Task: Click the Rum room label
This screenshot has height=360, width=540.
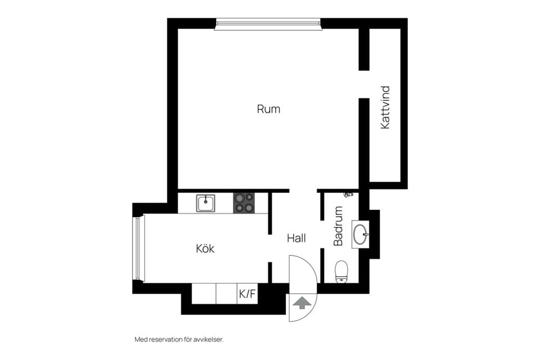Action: point(268,109)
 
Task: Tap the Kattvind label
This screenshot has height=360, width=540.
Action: point(385,107)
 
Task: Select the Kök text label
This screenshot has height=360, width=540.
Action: point(205,248)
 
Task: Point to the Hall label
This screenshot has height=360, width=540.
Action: point(296,238)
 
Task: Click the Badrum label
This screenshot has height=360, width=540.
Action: point(339,226)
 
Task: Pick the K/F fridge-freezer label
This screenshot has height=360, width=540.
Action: point(247,294)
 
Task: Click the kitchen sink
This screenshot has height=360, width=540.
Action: point(206,203)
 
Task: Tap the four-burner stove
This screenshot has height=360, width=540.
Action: point(244,203)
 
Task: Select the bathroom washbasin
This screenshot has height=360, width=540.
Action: point(361,234)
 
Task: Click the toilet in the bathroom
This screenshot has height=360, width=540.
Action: point(341,272)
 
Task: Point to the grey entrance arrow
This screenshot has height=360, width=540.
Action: point(301,303)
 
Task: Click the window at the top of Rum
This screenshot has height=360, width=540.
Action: point(268,24)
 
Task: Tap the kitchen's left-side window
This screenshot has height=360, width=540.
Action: point(138,248)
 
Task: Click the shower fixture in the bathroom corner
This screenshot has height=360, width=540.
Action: point(349,195)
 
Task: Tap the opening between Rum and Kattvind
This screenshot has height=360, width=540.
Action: point(364,84)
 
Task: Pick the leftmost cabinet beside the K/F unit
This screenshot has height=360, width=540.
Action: point(204,294)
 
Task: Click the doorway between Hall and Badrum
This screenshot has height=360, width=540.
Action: point(322,234)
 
